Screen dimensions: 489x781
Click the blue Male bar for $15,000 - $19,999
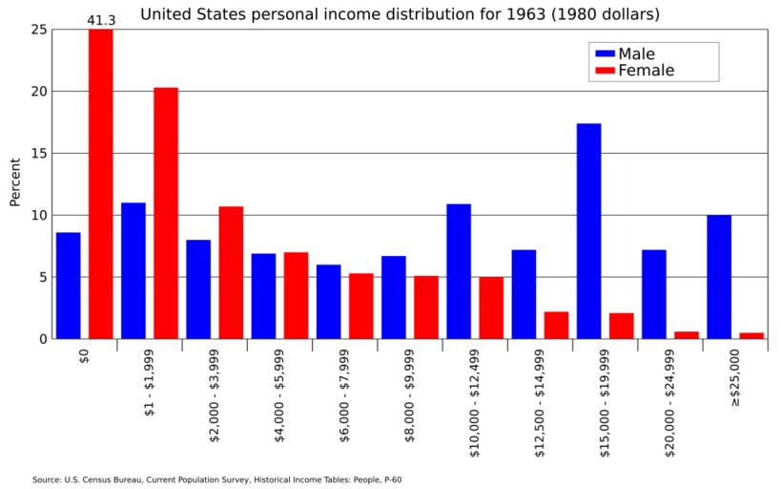(x=588, y=231)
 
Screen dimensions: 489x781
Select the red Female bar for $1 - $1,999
(x=166, y=213)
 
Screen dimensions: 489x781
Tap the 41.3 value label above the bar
(x=101, y=19)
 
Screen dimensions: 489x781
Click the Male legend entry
(x=636, y=53)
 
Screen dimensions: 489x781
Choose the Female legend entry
(x=646, y=71)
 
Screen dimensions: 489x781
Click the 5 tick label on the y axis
(x=41, y=277)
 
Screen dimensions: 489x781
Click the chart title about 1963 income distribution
(x=400, y=14)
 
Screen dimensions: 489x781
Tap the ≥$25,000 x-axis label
(x=735, y=377)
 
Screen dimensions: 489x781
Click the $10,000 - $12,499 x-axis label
(x=475, y=401)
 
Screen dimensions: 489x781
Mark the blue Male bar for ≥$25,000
(x=719, y=277)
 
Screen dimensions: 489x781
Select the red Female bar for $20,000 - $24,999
(x=686, y=335)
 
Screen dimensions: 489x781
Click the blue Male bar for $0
(x=69, y=286)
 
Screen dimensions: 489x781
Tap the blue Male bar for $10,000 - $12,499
(x=459, y=271)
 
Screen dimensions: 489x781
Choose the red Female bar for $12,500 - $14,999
(x=556, y=325)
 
